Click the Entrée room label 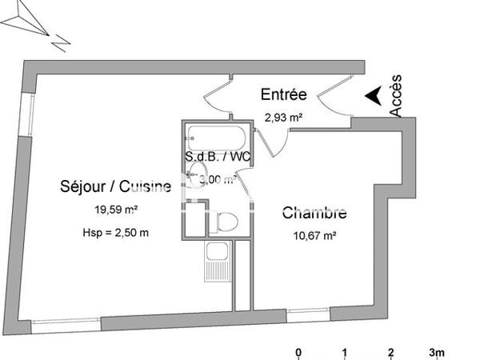click(x=284, y=94)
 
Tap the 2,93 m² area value click(x=284, y=118)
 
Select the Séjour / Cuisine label click(x=115, y=187)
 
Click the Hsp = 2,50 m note click(x=114, y=233)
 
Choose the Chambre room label click(x=314, y=214)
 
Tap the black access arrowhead click(x=372, y=96)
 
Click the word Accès click(x=397, y=95)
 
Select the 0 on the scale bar click(x=298, y=353)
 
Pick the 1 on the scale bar click(x=345, y=353)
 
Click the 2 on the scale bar click(x=391, y=353)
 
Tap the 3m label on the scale click(x=438, y=353)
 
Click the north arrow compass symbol click(x=36, y=24)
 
